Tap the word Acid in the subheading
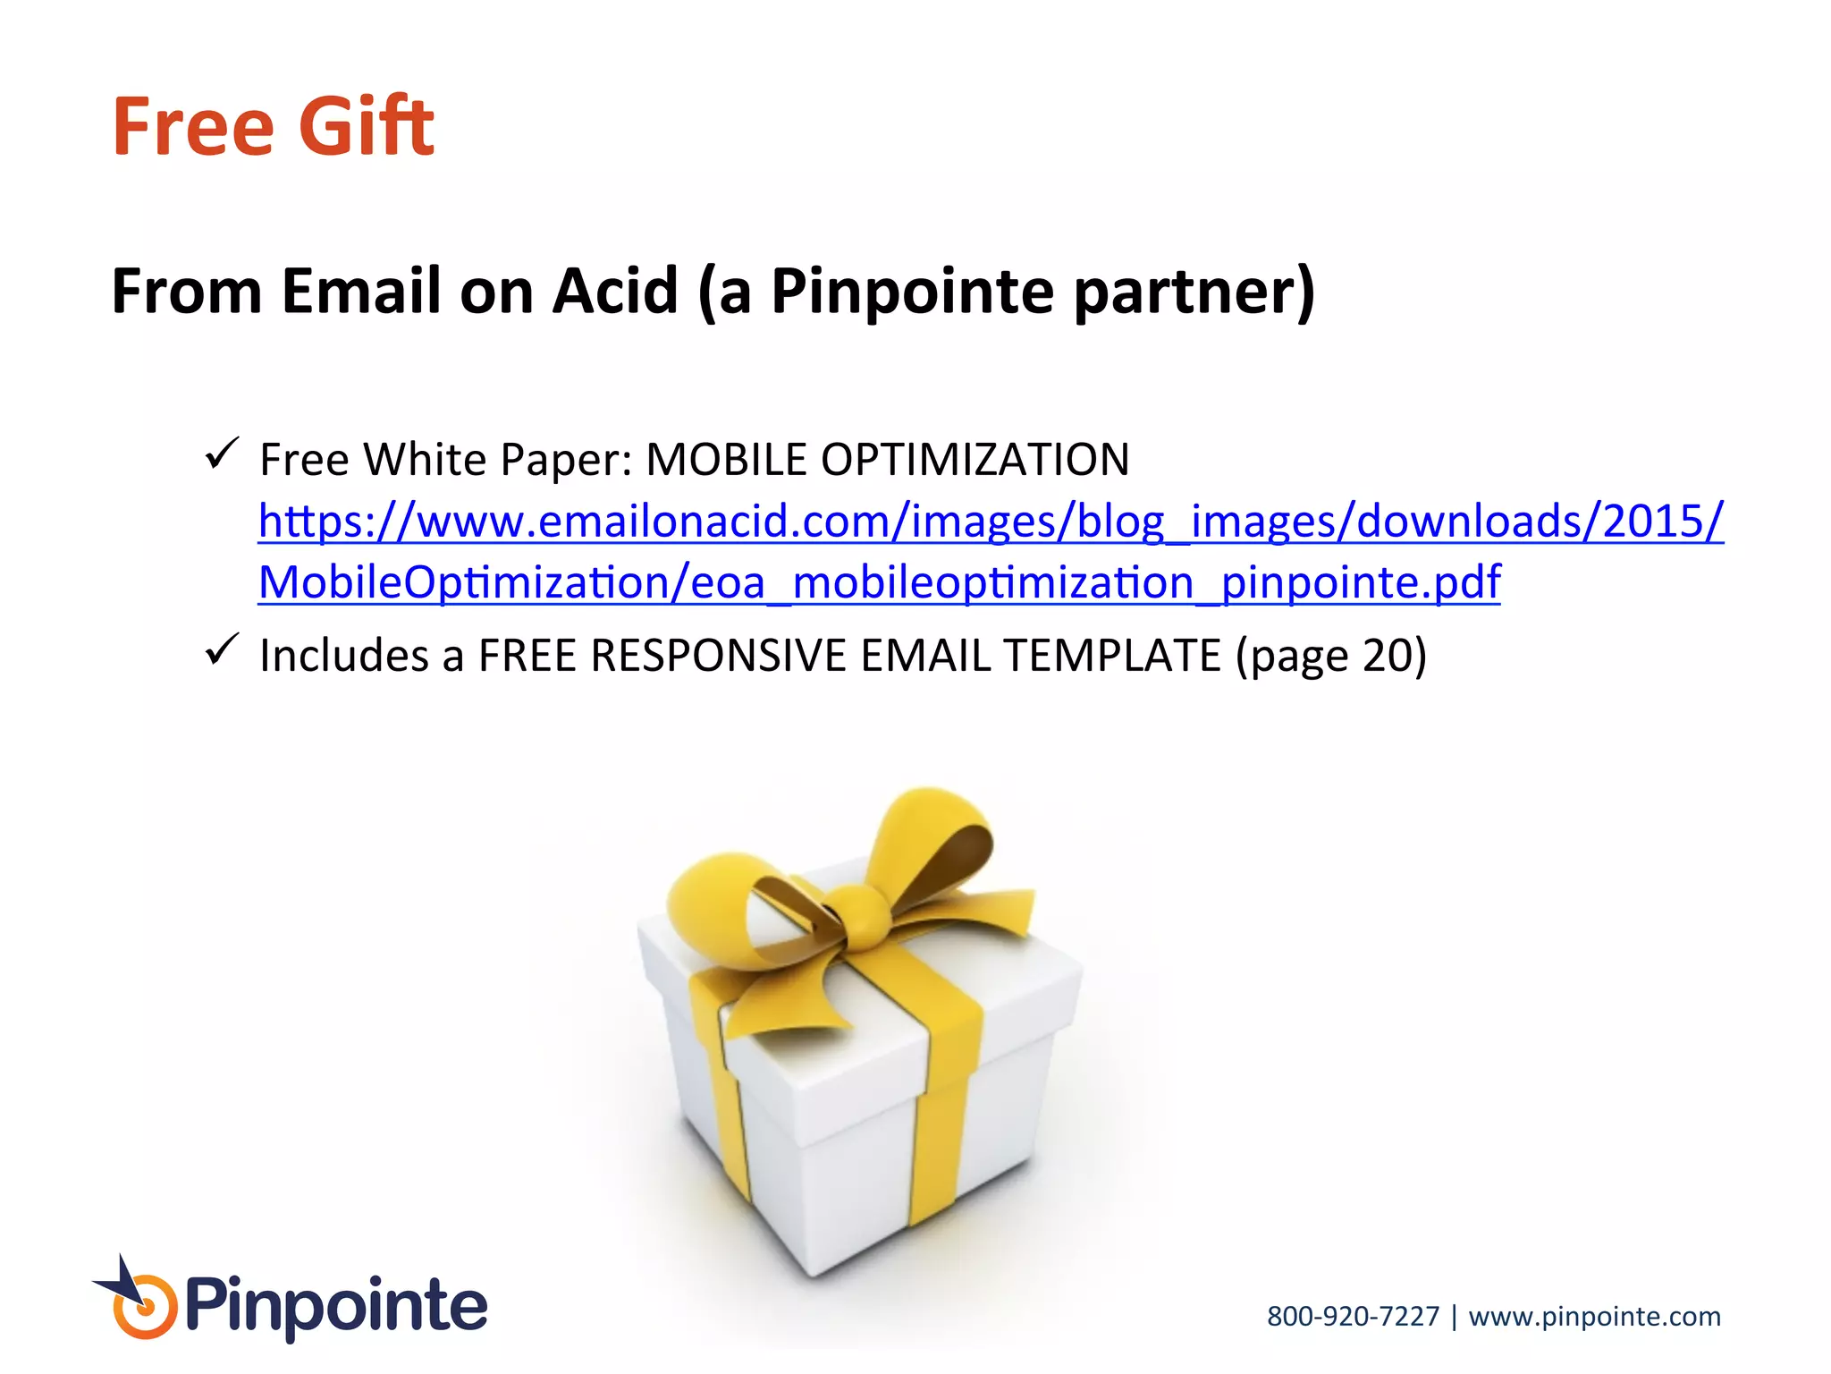coord(615,292)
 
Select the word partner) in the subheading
coord(1194,292)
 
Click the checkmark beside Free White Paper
coord(222,454)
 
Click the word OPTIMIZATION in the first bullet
coord(975,460)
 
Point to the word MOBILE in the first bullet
coord(726,460)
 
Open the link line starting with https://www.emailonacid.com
coord(991,521)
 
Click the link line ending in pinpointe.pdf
coord(879,582)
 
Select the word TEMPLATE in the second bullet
coord(1112,655)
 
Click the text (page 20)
coord(1331,657)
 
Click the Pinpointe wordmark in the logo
coord(336,1307)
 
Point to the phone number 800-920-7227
coord(1353,1316)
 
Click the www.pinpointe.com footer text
coord(1594,1316)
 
